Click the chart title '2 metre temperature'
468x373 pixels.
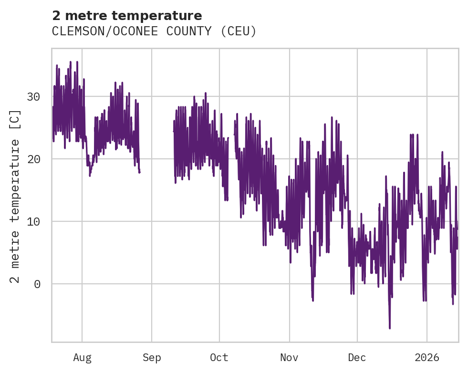click(127, 16)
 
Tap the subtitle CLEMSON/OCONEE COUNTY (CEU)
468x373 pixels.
click(154, 31)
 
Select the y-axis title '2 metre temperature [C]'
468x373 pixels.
click(15, 196)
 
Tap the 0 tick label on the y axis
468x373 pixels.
click(37, 284)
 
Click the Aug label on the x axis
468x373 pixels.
click(82, 358)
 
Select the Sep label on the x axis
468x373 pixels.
click(152, 358)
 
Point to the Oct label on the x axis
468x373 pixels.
click(219, 358)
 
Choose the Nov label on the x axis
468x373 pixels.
click(289, 358)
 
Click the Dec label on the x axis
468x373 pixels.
click(357, 358)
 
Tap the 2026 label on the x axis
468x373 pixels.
click(427, 358)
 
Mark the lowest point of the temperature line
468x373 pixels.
click(390, 328)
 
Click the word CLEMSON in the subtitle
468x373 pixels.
click(73, 31)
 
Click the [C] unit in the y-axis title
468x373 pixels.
click(15, 120)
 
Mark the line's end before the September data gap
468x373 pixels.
click(139, 172)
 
